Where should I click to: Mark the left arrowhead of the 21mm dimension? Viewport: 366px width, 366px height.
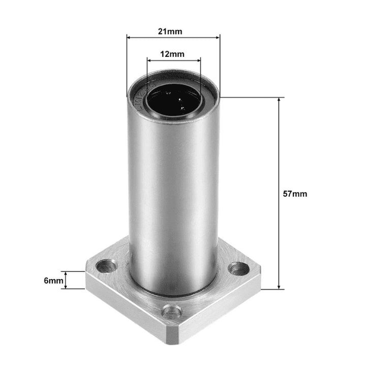pyautogui.click(x=129, y=37)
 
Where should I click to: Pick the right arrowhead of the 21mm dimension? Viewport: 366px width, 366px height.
pyautogui.click(x=218, y=37)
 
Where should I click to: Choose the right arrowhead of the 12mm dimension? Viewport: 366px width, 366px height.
pyautogui.click(x=199, y=59)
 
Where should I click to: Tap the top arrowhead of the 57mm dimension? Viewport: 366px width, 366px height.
pyautogui.click(x=279, y=100)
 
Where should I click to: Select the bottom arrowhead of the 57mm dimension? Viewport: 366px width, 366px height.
pyautogui.click(x=279, y=287)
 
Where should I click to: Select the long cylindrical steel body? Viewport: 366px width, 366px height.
pyautogui.click(x=173, y=193)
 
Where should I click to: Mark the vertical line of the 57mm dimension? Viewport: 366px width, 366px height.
pyautogui.click(x=279, y=152)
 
